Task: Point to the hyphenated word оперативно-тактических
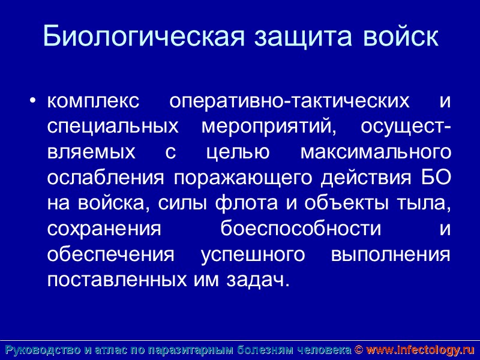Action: coord(290,101)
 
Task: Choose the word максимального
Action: coord(375,152)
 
